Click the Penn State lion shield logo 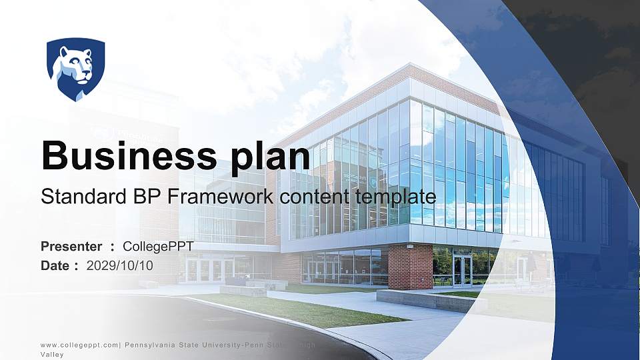(75, 69)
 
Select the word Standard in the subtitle (79, 197)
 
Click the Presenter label (71, 247)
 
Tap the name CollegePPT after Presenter (158, 247)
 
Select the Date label (56, 265)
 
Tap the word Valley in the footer (52, 355)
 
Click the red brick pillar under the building (410, 266)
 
